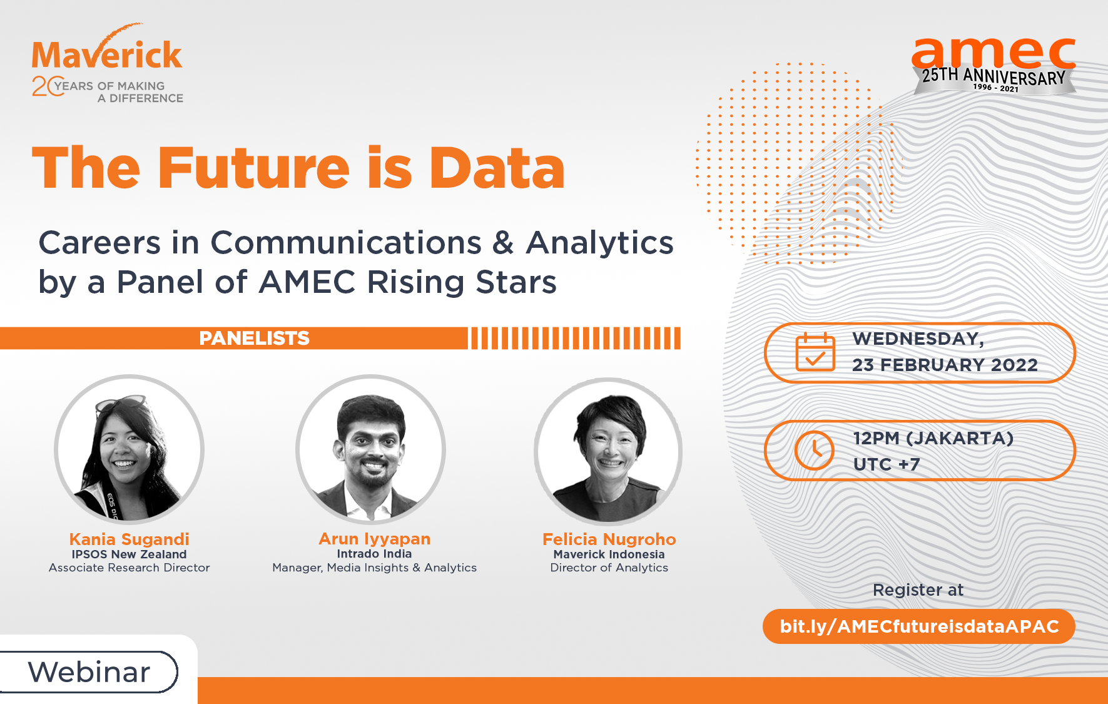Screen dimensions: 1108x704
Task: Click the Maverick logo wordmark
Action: tap(107, 54)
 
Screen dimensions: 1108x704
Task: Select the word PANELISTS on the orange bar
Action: tap(254, 338)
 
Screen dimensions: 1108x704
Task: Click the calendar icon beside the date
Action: tap(815, 352)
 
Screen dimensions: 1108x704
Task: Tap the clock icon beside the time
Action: tap(814, 450)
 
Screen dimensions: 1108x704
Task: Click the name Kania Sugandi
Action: tap(129, 539)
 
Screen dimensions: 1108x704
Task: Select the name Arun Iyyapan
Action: tap(374, 538)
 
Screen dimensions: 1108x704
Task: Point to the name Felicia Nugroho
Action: tap(609, 539)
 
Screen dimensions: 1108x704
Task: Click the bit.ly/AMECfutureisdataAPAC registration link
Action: tap(919, 626)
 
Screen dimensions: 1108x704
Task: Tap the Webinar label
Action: tap(89, 672)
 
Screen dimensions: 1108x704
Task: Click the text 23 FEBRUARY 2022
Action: tap(945, 365)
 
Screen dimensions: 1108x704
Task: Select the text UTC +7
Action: tap(887, 464)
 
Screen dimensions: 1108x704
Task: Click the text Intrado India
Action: tap(374, 554)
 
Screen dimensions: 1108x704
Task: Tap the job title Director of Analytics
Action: tap(609, 568)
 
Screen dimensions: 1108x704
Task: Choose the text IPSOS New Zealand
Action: tap(129, 554)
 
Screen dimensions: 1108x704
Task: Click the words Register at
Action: tap(918, 590)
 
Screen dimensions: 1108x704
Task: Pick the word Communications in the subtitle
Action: tap(346, 243)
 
